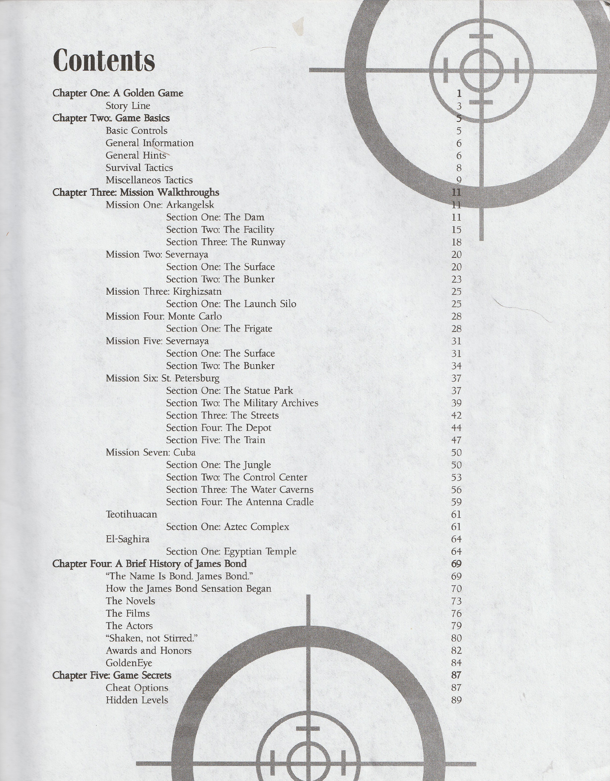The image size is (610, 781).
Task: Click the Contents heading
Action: [x=104, y=61]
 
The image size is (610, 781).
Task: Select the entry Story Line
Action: [x=128, y=106]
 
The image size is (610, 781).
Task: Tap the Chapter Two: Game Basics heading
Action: [x=111, y=118]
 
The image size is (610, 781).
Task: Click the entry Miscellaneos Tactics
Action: [x=149, y=180]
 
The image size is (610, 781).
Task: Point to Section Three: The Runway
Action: [x=225, y=242]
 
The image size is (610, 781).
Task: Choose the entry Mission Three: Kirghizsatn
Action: [x=163, y=292]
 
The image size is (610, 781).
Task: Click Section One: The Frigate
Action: [x=219, y=329]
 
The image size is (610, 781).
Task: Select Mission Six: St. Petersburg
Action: [x=162, y=378]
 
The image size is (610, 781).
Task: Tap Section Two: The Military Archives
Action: [x=242, y=403]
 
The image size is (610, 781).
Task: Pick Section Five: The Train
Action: [x=216, y=440]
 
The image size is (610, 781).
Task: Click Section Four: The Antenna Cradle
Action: [x=240, y=502]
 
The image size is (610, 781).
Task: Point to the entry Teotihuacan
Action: [x=131, y=515]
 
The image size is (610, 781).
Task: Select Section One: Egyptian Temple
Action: [x=231, y=552]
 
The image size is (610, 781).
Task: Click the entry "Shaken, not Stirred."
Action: [x=152, y=639]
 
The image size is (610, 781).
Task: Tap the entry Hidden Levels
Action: [x=137, y=700]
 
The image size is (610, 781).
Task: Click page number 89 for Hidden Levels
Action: [x=456, y=700]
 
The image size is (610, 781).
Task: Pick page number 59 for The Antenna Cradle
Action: [x=456, y=502]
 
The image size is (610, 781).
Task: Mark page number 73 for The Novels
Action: [x=456, y=601]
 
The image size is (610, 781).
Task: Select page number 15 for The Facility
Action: [x=456, y=230]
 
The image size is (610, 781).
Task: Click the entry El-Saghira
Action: [x=127, y=539]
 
